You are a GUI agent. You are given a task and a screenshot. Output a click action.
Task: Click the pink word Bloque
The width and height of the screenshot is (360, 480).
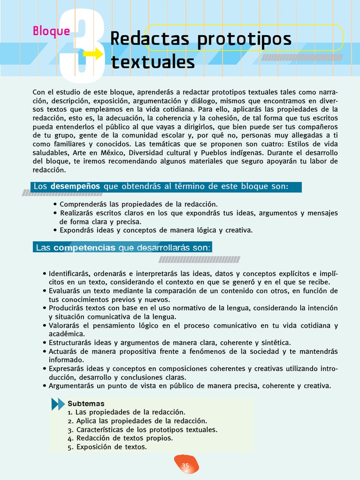tap(51, 31)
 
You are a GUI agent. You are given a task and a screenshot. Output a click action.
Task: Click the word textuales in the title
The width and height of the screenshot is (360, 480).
tap(152, 62)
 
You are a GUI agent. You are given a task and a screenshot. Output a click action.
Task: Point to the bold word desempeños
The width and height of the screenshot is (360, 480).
tap(75, 187)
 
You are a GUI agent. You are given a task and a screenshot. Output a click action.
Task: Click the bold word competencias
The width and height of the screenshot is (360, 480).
tap(84, 247)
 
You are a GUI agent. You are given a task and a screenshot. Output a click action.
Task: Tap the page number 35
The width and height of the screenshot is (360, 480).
tap(185, 465)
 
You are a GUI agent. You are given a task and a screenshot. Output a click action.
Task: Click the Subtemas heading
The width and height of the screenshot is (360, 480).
tap(86, 404)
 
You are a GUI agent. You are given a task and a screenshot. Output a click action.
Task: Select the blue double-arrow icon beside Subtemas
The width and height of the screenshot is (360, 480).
tap(58, 404)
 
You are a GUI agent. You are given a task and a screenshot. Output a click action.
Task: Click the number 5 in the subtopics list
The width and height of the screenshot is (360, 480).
tap(69, 447)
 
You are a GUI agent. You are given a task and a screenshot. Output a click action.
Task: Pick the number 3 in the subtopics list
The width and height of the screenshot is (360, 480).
tap(69, 430)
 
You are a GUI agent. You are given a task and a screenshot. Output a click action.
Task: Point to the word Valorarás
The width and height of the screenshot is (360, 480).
tap(66, 325)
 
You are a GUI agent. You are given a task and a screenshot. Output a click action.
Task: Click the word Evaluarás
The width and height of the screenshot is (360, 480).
tap(66, 291)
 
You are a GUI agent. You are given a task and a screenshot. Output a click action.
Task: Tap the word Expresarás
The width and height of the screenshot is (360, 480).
tap(67, 369)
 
